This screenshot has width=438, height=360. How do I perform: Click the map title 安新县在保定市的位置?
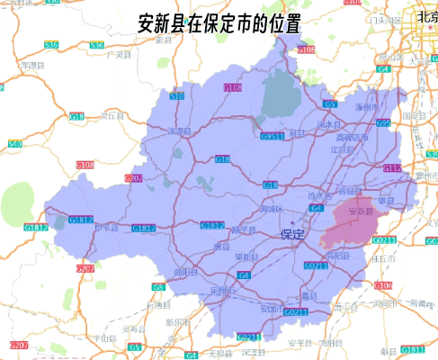click(219, 23)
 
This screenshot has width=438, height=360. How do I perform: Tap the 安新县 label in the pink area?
click(358, 211)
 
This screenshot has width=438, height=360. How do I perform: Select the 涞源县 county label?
click(182, 131)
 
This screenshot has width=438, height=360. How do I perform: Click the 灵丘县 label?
click(111, 116)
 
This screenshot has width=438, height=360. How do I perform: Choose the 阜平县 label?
click(106, 228)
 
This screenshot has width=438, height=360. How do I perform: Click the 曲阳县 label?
click(185, 272)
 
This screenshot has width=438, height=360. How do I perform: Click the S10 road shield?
click(176, 94)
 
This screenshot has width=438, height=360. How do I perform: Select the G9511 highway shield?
click(273, 136)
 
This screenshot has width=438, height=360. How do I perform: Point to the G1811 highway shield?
click(413, 348)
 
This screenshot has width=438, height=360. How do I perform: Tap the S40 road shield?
click(14, 144)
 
